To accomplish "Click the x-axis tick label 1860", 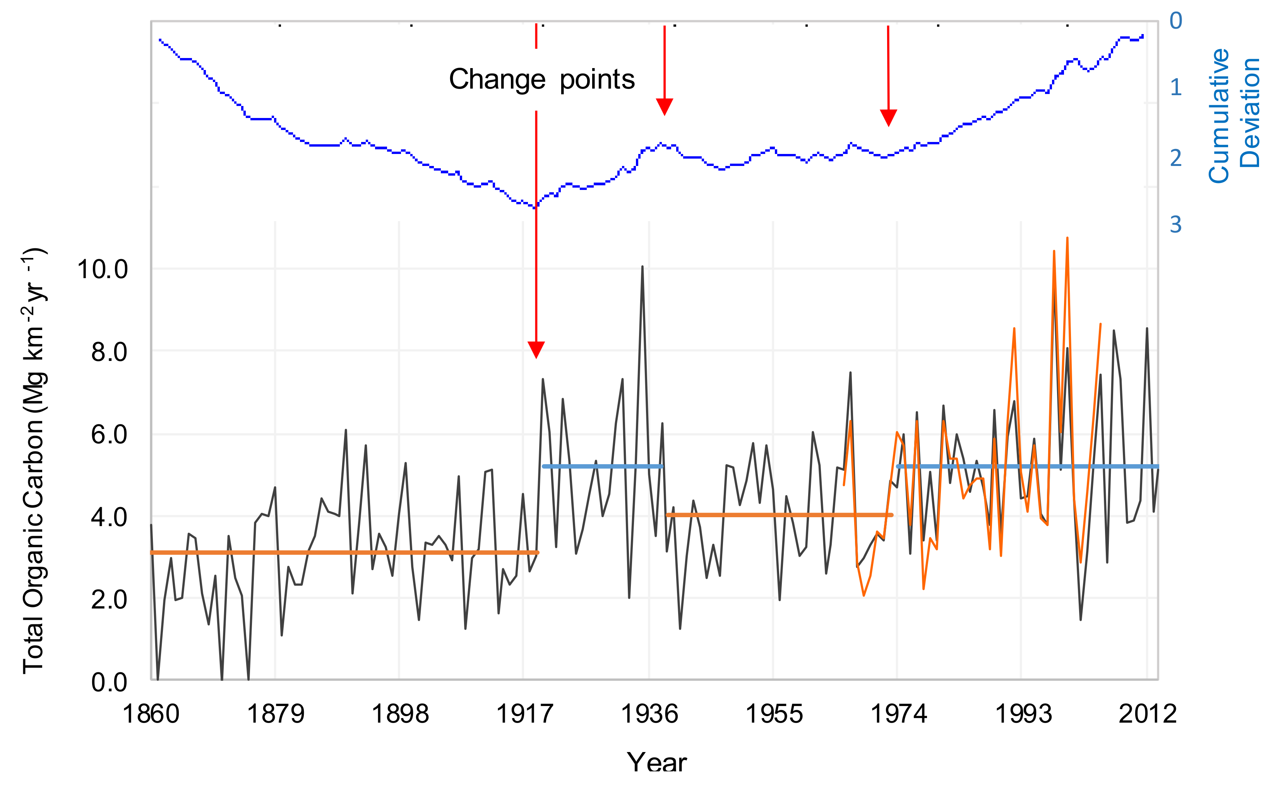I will click(151, 714).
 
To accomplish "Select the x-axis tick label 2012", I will click(1147, 714).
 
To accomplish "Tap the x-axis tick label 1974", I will click(898, 714).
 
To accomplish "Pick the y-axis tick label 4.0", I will click(109, 517).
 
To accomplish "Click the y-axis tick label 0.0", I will click(109, 682).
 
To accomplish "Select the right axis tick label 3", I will click(1175, 225).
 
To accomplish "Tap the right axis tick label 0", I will click(1175, 21).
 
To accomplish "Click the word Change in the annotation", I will click(497, 80).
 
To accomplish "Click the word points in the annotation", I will click(597, 80).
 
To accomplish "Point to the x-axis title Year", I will click(657, 762).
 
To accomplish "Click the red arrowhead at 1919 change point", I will click(536, 350).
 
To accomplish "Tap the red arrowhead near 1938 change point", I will click(664, 106).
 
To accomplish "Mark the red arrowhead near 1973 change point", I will click(888, 118).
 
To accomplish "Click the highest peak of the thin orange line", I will click(1067, 239).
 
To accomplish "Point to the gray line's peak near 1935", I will click(642, 268).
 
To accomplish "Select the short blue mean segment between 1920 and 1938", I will click(602, 466).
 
